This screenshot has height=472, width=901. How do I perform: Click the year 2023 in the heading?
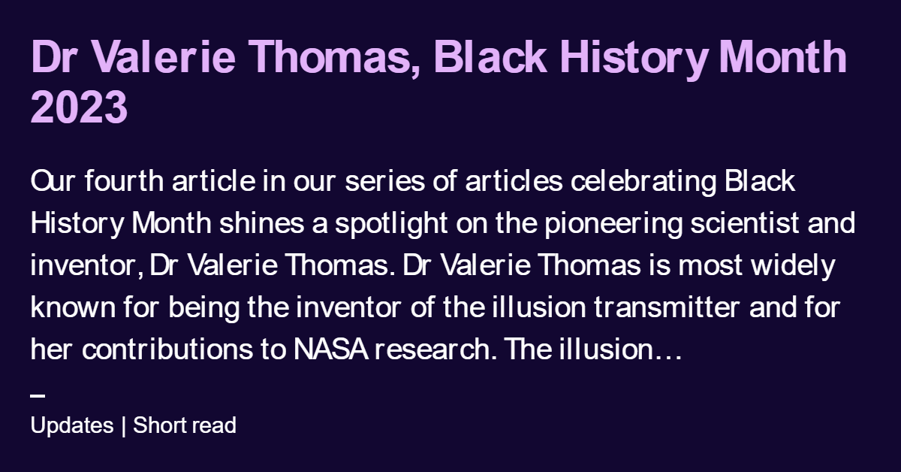80,107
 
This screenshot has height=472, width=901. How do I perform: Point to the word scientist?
746,224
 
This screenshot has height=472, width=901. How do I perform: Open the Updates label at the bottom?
72,425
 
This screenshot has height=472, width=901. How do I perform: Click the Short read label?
185,425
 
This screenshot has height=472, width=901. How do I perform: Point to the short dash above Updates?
38,396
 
